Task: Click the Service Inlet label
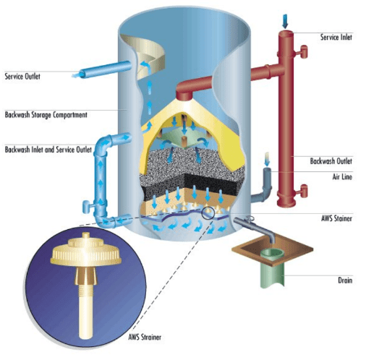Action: tap(336, 37)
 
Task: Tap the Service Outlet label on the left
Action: tap(22, 77)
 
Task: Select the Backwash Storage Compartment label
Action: tap(46, 115)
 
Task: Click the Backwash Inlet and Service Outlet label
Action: tap(48, 150)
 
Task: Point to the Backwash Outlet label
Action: tap(331, 161)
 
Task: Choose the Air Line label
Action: tap(342, 177)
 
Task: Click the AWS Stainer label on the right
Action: tap(336, 218)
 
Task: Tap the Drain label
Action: tap(345, 280)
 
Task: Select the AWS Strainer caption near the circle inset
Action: tap(145, 337)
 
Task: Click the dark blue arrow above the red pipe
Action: tap(285, 21)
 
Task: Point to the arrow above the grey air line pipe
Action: tap(267, 159)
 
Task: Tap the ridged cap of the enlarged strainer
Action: tap(85, 252)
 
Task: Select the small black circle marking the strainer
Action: tap(208, 213)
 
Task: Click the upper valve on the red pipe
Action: tap(302, 51)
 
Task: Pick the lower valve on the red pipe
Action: tap(302, 191)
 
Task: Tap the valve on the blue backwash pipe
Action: tap(88, 206)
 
